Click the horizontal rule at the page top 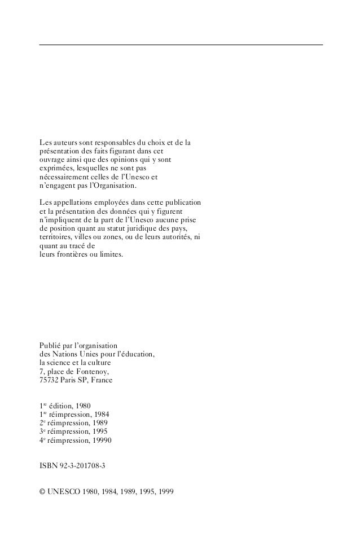[181, 45]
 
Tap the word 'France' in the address [100, 380]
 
